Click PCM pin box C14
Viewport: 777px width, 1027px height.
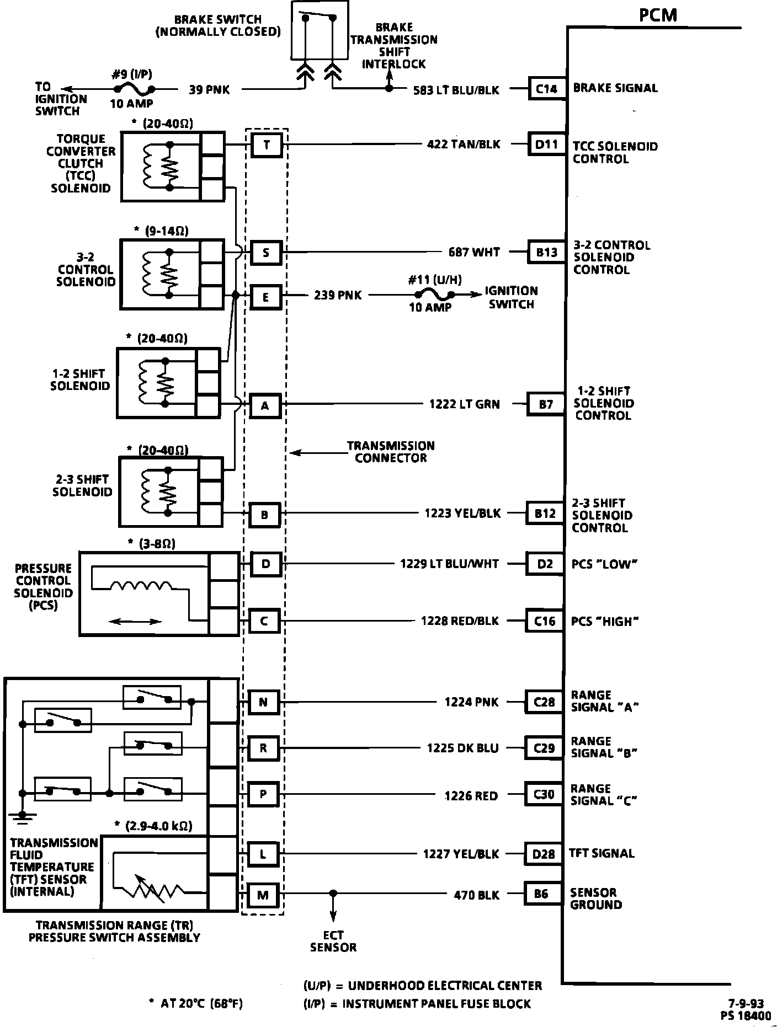547,88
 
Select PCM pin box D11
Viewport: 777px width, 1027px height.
546,145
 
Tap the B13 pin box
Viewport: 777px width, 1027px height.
546,253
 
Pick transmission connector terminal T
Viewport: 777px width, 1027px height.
267,145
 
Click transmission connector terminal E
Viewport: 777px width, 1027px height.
265,297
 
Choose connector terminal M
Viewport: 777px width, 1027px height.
263,895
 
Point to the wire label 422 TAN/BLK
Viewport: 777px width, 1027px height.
464,145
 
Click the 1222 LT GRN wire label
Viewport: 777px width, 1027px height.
464,404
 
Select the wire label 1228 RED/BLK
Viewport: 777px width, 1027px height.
460,621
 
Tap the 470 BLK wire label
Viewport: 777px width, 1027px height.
476,895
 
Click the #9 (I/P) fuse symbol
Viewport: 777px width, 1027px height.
134,88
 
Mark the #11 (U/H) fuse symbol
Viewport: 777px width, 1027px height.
434,295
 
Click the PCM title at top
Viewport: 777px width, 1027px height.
658,15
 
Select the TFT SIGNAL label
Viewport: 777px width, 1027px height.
602,853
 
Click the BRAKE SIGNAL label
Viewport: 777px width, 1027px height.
615,88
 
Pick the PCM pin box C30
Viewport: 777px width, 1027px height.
544,795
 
